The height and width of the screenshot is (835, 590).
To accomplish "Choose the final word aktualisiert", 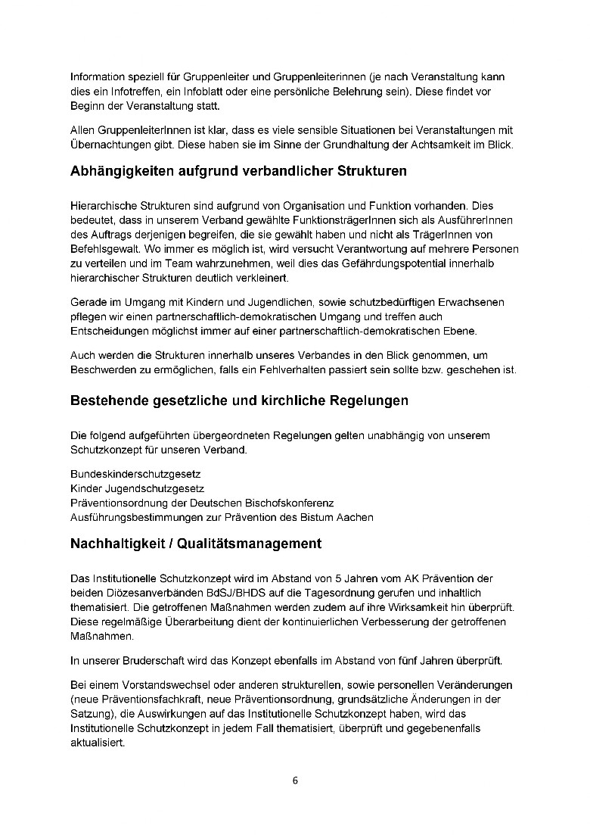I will coord(98,743).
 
